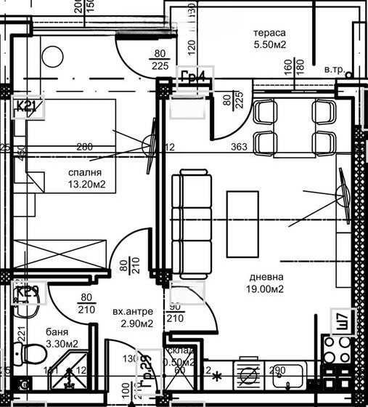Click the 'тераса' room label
269,33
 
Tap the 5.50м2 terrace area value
269,44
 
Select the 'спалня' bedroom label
84,173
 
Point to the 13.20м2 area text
84,185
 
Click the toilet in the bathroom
32,355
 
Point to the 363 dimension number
240,148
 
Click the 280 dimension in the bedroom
85,148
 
